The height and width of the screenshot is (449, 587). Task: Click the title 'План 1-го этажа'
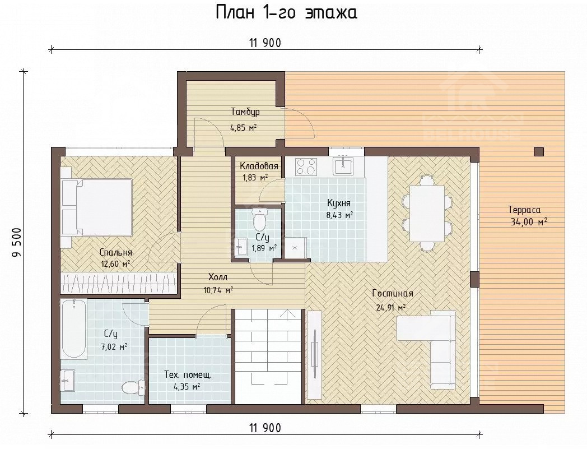click(286, 13)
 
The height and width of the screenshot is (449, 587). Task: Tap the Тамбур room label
click(245, 112)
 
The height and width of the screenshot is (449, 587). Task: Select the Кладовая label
click(259, 166)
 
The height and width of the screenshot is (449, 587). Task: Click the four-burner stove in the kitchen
click(306, 166)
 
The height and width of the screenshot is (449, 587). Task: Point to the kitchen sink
click(343, 166)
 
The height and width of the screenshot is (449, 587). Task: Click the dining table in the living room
click(427, 214)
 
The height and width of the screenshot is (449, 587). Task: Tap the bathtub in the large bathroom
click(74, 328)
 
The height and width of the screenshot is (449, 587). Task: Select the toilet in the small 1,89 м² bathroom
click(259, 220)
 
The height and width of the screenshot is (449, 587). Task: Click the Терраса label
click(524, 210)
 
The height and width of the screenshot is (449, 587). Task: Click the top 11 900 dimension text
click(265, 43)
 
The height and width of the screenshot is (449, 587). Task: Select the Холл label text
click(218, 277)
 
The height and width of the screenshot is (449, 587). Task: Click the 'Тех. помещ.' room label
click(188, 374)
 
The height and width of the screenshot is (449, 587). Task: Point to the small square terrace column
click(539, 151)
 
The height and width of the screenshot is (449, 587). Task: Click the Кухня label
click(339, 203)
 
